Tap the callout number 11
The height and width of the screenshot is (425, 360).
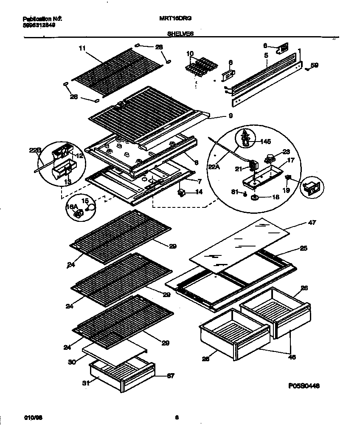point(82,49)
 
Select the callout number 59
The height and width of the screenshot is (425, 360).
point(314,65)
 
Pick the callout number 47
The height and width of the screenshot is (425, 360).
point(312,222)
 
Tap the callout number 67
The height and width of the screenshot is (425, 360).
point(170,376)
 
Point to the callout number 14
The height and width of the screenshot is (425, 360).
point(199,193)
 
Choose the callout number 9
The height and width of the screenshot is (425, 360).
point(230,115)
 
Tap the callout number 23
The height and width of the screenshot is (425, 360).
point(286,152)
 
